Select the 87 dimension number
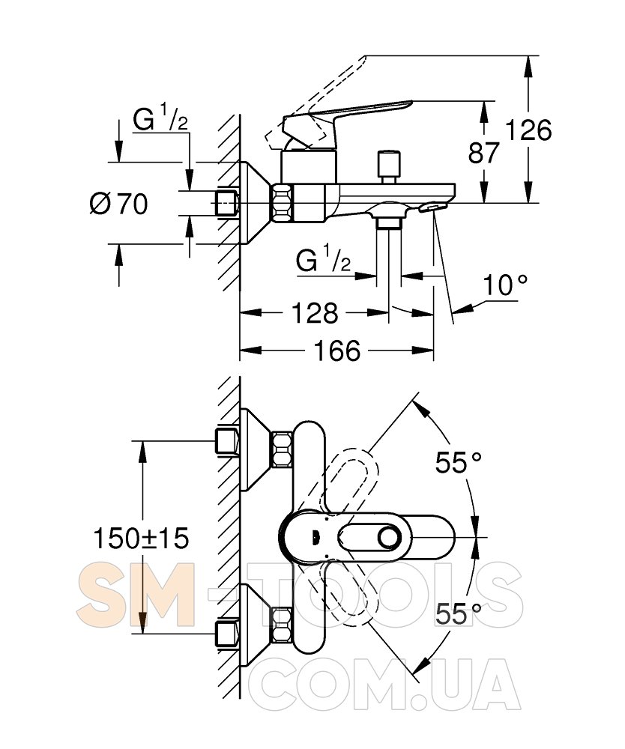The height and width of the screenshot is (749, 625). pos(483,154)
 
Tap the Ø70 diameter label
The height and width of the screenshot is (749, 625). pos(118,203)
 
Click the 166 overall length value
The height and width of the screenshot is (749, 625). pos(337,351)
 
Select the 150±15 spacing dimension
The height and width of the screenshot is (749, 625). pos(141,537)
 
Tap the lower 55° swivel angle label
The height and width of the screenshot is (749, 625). pos(459,614)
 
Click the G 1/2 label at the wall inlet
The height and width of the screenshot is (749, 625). pos(160,119)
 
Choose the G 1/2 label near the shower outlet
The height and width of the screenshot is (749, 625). pos(323,261)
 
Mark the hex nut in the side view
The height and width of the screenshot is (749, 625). pos(283,202)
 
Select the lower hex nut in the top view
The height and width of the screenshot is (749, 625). pos(283,625)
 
